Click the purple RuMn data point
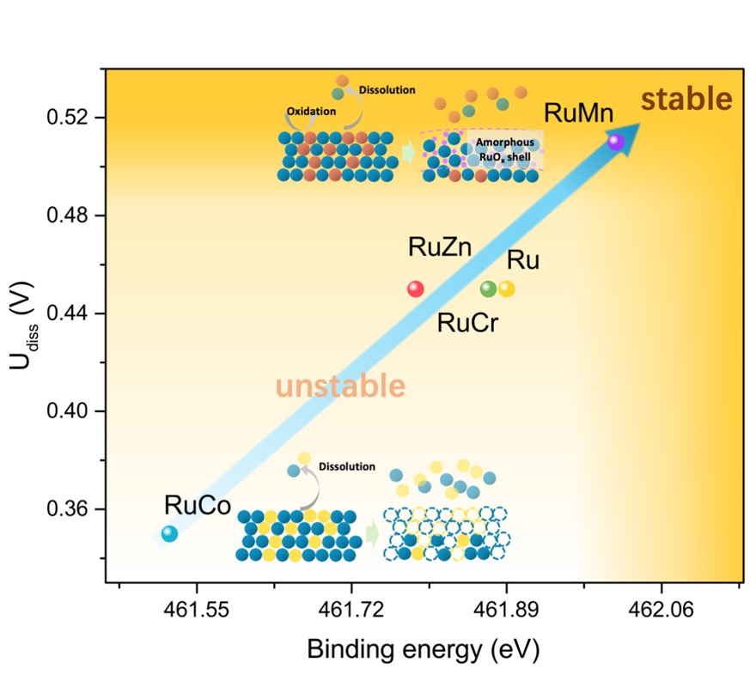(615, 142)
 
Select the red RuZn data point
(416, 289)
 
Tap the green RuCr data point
(488, 289)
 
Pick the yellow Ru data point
(507, 289)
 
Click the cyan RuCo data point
(169, 533)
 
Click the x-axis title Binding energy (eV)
(423, 649)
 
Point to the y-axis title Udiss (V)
(26, 331)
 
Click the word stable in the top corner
(686, 100)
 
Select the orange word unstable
(340, 386)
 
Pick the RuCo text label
(198, 506)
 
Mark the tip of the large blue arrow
(638, 125)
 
